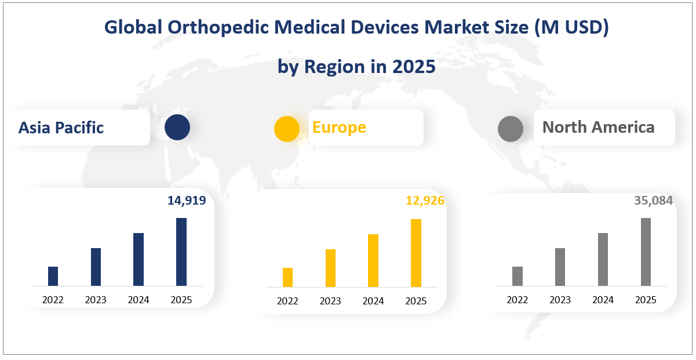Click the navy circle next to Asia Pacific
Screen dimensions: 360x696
(x=177, y=128)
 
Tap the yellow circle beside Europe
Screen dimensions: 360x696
(x=287, y=129)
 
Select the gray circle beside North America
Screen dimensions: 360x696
(x=511, y=129)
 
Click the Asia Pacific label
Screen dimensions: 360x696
(x=61, y=128)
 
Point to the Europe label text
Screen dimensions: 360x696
(x=339, y=127)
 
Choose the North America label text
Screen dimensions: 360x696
(x=598, y=127)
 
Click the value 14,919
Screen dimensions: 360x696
(x=187, y=201)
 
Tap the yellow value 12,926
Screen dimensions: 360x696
(x=425, y=201)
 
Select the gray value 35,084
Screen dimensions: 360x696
(x=653, y=201)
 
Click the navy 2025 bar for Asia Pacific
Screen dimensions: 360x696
(x=181, y=252)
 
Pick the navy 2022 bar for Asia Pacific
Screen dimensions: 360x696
(x=53, y=277)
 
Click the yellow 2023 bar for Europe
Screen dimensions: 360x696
(x=330, y=268)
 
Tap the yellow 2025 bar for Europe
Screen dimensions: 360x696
(x=416, y=253)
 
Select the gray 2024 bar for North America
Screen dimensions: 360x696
(x=603, y=260)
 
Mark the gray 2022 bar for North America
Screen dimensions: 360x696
(x=518, y=277)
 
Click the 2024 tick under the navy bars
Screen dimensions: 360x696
(x=139, y=300)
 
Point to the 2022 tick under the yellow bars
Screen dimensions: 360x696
(x=287, y=301)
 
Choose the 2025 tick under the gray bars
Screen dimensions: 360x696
(x=646, y=300)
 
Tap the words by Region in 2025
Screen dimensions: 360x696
(x=356, y=67)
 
